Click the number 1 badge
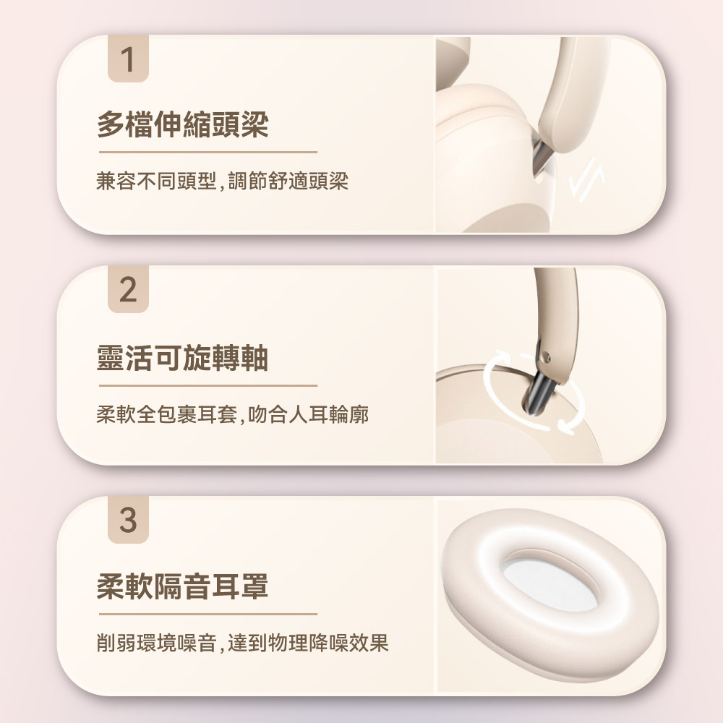(x=128, y=59)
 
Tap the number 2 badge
(x=128, y=289)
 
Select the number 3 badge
(x=128, y=520)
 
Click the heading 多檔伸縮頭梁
(x=183, y=124)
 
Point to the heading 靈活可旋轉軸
(x=183, y=358)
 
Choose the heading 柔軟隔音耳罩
(x=183, y=586)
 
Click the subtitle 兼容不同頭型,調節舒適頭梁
(x=222, y=181)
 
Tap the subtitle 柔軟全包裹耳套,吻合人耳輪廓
(x=232, y=414)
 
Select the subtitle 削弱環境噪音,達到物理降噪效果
(x=242, y=643)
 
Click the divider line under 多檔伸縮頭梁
(x=208, y=152)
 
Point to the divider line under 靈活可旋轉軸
(x=208, y=385)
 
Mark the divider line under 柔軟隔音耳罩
(x=208, y=614)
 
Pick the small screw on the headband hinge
(x=546, y=356)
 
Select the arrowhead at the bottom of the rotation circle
(x=566, y=427)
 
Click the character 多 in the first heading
(x=111, y=124)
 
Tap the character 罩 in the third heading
(x=255, y=586)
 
